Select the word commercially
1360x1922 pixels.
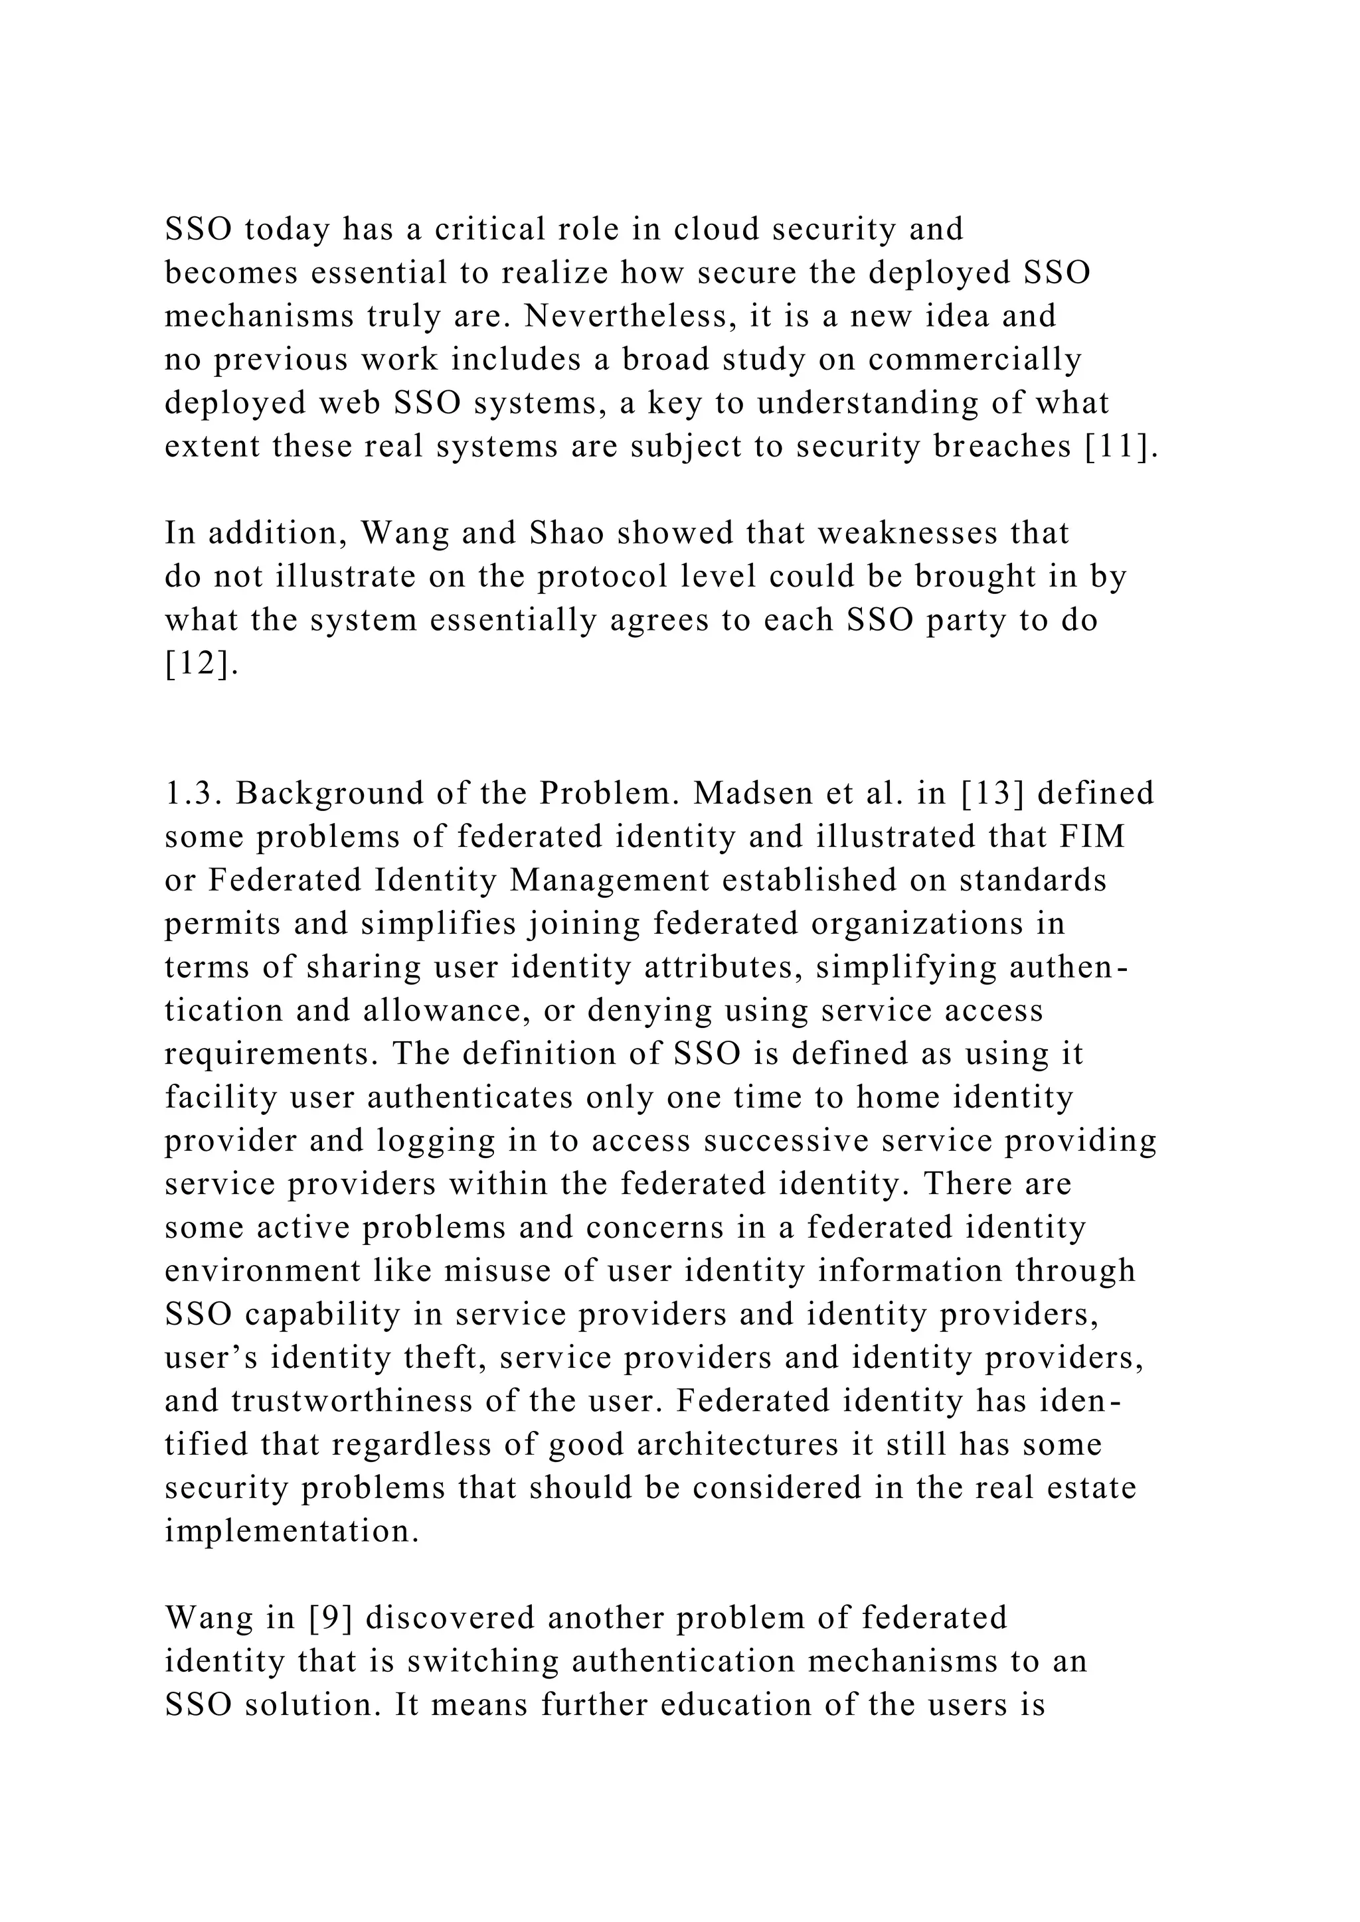[x=975, y=359]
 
